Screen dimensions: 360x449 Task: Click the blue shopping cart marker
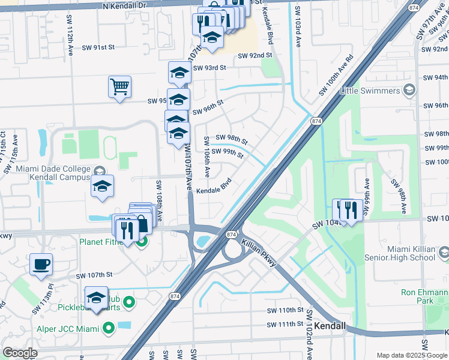[x=120, y=86]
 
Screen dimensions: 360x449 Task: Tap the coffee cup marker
[x=41, y=264]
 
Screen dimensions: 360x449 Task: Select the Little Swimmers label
[x=370, y=91]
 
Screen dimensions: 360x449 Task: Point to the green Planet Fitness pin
[x=142, y=242]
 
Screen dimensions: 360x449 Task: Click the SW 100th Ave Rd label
[x=336, y=76]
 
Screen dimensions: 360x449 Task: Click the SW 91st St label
[x=98, y=47]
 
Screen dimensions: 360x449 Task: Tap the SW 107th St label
[x=94, y=275]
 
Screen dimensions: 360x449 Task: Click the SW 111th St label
[x=286, y=325]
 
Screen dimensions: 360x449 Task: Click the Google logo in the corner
[x=20, y=353]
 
